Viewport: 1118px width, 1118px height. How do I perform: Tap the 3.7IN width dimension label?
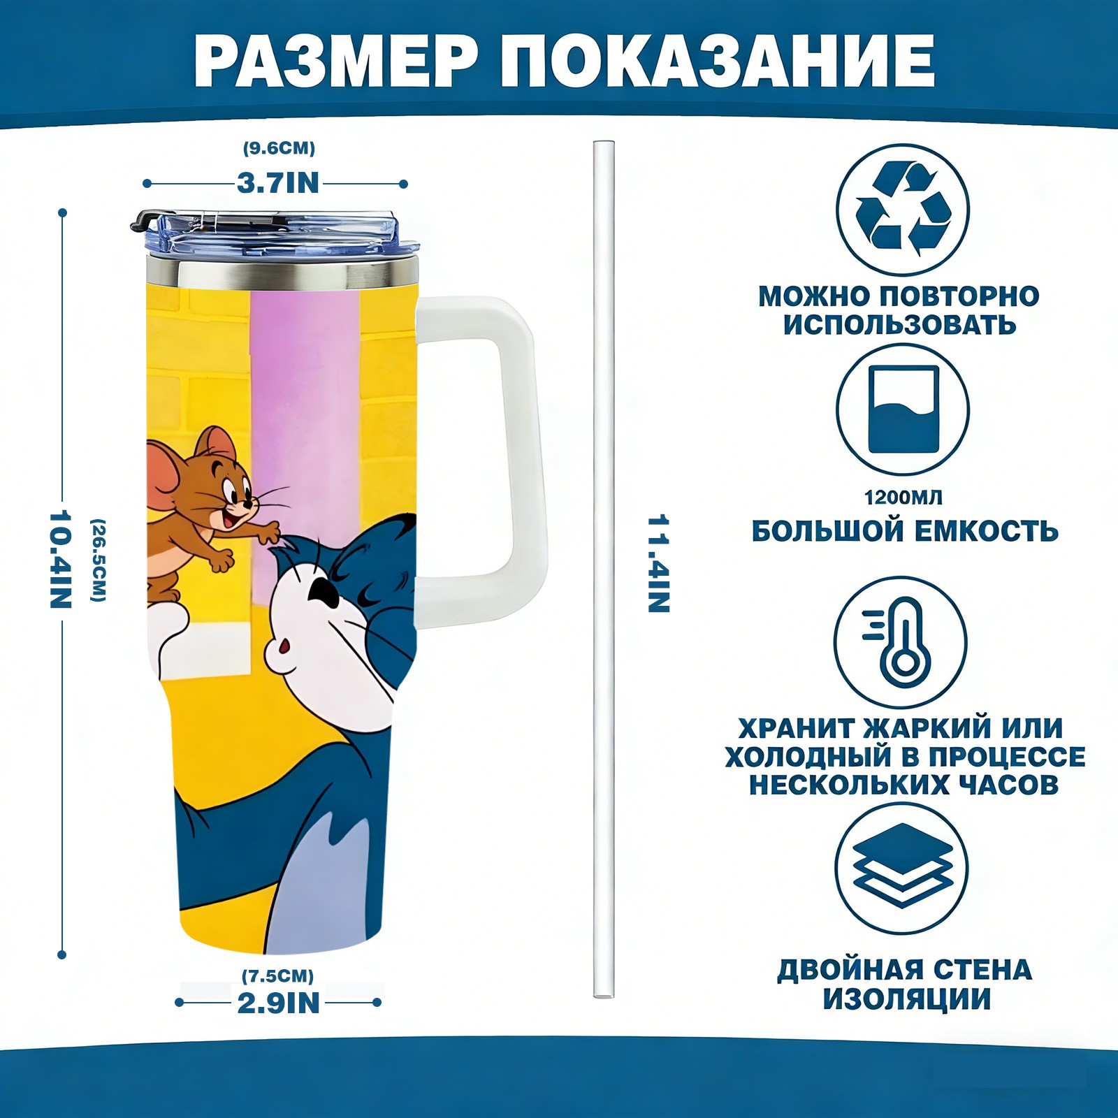coord(278,183)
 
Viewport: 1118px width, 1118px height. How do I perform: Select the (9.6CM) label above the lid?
coord(279,148)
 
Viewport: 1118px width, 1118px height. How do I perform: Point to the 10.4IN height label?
coord(61,559)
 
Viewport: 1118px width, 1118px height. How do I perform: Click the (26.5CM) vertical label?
coord(99,560)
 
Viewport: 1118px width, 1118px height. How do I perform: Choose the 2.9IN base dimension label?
coord(278,1003)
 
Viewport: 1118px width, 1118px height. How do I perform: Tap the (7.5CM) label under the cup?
coord(278,975)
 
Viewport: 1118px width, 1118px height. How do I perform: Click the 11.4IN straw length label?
coord(658,564)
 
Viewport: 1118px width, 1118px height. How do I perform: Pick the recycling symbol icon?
coord(903,209)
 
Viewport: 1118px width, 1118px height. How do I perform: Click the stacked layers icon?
coord(903,866)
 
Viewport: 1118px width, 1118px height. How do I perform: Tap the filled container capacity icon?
coord(903,409)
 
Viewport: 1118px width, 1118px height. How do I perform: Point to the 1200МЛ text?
coord(903,498)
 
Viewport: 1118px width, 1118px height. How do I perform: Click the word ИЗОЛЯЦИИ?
coord(906,999)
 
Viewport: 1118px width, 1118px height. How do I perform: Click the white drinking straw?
coord(604,569)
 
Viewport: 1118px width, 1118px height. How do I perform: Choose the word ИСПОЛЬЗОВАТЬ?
coord(899,325)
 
